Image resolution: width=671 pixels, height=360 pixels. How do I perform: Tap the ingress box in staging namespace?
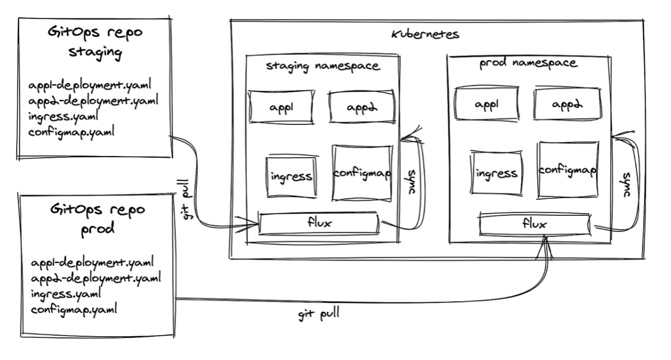290,176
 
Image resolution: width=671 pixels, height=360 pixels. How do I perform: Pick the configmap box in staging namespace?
362,173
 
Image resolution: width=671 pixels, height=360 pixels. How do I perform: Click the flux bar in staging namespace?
319,224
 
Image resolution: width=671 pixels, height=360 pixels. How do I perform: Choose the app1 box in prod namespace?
485,104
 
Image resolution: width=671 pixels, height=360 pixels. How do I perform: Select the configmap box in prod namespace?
568,170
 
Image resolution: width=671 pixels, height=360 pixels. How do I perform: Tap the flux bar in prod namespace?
534,224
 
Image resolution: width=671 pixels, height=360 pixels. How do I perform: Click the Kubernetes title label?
425,35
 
